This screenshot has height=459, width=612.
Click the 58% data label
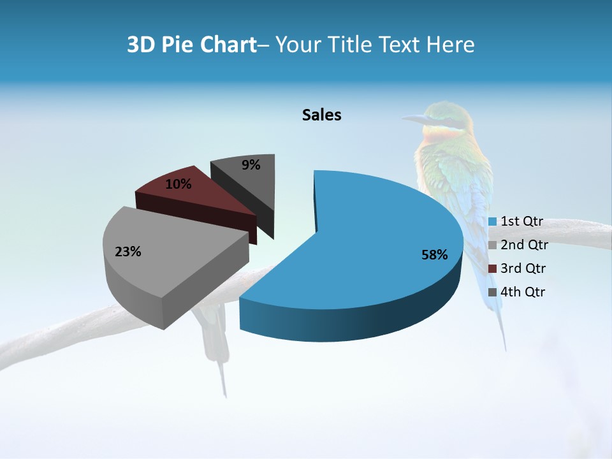point(435,255)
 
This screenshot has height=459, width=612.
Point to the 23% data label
point(127,252)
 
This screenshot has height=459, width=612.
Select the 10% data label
point(178,184)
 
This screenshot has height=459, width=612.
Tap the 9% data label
point(251,165)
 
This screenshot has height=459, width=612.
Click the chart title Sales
point(321,115)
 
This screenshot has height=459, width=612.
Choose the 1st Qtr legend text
point(521,221)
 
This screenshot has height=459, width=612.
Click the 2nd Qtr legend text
point(524,245)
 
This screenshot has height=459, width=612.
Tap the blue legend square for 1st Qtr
point(492,222)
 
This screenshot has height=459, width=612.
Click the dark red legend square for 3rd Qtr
point(492,268)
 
